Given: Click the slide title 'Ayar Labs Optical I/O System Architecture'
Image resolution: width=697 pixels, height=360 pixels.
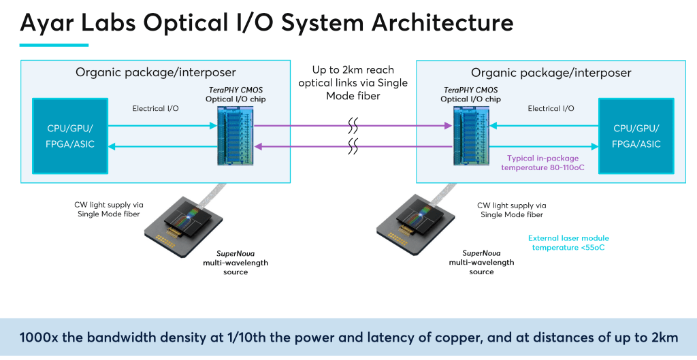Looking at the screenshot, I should (x=266, y=22).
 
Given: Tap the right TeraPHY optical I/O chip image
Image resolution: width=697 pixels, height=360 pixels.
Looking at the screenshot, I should (x=470, y=135).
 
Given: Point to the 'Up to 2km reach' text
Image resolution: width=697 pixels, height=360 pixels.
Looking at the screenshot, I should (x=353, y=70).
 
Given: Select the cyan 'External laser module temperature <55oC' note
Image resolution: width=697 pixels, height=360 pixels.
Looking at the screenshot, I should (x=568, y=243).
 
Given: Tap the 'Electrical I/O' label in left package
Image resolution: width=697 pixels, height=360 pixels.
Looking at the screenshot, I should (x=155, y=108).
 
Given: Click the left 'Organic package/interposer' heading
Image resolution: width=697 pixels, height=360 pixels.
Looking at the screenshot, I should (x=156, y=73).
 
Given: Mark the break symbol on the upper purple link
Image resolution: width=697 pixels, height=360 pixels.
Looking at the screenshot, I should (x=353, y=125).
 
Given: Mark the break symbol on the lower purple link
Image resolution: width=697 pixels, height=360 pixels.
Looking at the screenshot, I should (x=353, y=146).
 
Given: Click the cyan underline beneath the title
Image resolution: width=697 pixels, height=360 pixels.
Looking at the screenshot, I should (x=54, y=46).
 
